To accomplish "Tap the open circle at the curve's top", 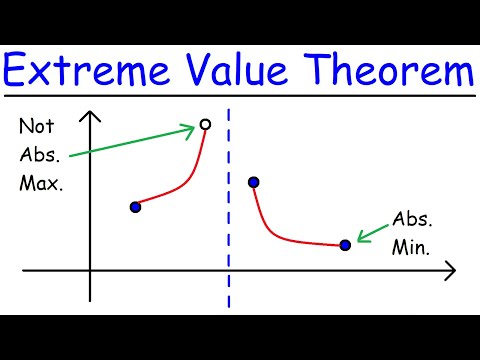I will point(206,124).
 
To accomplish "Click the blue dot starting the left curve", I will point(136,206).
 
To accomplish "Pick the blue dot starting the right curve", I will point(253,182).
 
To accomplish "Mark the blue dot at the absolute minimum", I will point(345,244).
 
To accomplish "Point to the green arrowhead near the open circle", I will point(190,128).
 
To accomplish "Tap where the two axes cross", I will point(90,270).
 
